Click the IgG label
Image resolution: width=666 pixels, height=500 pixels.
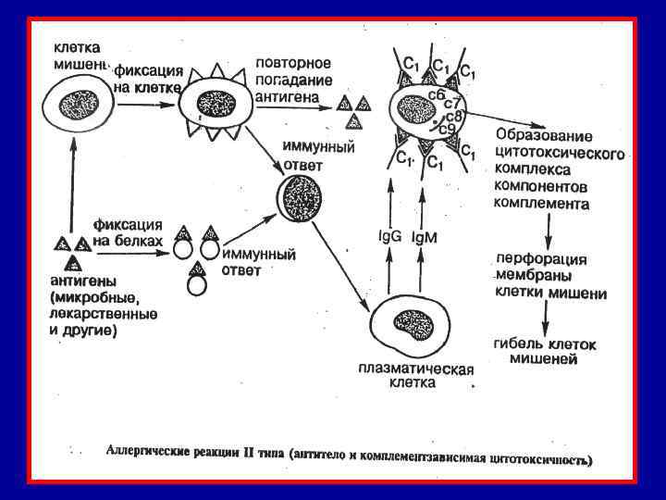coord(390,236)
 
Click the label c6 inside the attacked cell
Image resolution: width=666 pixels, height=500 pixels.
coord(436,94)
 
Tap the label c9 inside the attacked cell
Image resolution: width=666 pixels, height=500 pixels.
coord(447,128)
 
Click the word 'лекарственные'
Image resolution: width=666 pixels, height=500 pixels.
coord(103,314)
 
